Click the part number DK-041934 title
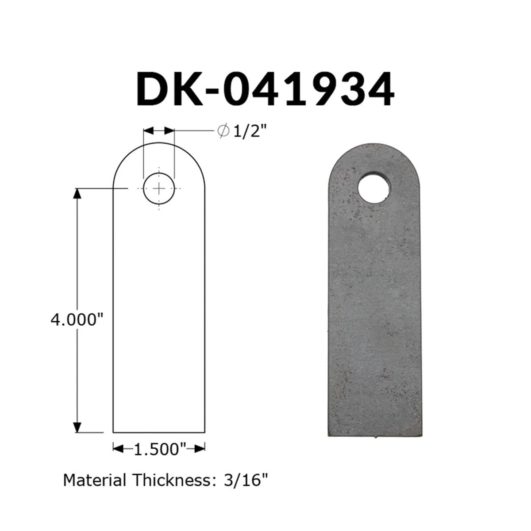(x=265, y=90)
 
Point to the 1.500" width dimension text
(x=159, y=449)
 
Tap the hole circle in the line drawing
(x=158, y=189)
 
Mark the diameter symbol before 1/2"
(x=223, y=131)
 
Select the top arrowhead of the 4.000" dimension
(x=77, y=193)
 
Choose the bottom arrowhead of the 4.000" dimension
(x=77, y=427)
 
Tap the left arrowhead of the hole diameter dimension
(x=149, y=131)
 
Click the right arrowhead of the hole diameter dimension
(x=169, y=131)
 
